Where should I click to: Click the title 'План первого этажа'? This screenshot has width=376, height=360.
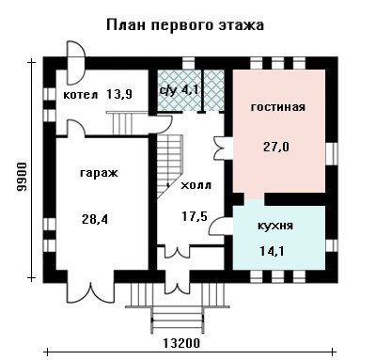[185, 25]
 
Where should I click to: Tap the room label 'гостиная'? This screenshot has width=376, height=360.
[278, 107]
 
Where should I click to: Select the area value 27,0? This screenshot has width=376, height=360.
[276, 147]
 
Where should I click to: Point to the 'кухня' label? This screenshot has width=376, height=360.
[275, 226]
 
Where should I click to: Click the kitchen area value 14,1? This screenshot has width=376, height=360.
[272, 251]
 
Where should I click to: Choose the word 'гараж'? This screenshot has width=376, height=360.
[99, 173]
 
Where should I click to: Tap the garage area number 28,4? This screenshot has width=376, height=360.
[95, 219]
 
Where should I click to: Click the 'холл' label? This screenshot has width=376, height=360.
[196, 185]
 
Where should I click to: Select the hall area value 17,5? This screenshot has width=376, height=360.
[195, 216]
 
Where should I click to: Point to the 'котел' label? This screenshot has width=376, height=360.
[81, 94]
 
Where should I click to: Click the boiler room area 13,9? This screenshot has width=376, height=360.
[119, 94]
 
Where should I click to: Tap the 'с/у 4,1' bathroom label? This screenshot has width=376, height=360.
[179, 90]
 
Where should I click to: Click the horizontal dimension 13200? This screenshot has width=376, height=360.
[181, 343]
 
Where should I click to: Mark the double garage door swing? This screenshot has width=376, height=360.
[90, 292]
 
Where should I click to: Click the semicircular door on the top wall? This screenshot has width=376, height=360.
[76, 63]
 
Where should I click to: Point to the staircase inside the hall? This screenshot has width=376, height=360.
[169, 166]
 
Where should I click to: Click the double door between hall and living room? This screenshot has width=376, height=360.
[222, 148]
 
